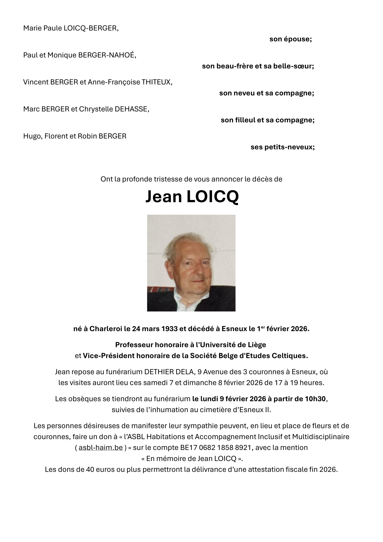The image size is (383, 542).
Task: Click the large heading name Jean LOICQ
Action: (x=192, y=197)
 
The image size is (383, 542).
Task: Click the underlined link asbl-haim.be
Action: (x=101, y=447)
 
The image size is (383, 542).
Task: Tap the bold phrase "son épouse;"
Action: (x=290, y=39)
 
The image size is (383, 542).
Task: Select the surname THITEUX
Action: (x=157, y=82)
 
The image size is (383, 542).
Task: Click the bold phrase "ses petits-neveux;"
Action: (x=282, y=147)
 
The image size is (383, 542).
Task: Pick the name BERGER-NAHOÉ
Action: (x=107, y=55)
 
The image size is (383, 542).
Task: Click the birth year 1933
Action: (x=169, y=329)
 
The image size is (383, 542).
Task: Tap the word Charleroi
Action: (x=106, y=329)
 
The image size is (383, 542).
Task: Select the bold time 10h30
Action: (x=315, y=399)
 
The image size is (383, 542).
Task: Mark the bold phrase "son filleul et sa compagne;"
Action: (x=267, y=120)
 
